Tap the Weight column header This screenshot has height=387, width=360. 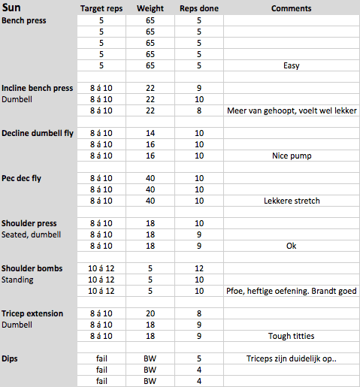pyautogui.click(x=150, y=9)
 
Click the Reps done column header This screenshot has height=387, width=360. pyautogui.click(x=198, y=9)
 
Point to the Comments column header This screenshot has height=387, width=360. pyautogui.click(x=291, y=9)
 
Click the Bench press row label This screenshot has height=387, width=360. pyautogui.click(x=25, y=20)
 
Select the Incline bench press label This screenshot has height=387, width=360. pyautogui.click(x=38, y=88)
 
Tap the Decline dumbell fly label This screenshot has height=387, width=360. pyautogui.click(x=37, y=133)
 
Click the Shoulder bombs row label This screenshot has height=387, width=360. pyautogui.click(x=32, y=268)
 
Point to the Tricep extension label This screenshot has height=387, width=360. pyautogui.click(x=32, y=313)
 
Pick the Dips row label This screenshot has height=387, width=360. pyautogui.click(x=11, y=358)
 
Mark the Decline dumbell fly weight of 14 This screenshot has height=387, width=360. pyautogui.click(x=150, y=133)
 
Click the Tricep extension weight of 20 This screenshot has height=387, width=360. pyautogui.click(x=150, y=313)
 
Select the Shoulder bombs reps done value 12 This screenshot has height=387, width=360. pyautogui.click(x=199, y=268)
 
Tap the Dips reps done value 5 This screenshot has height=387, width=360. pyautogui.click(x=199, y=358)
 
